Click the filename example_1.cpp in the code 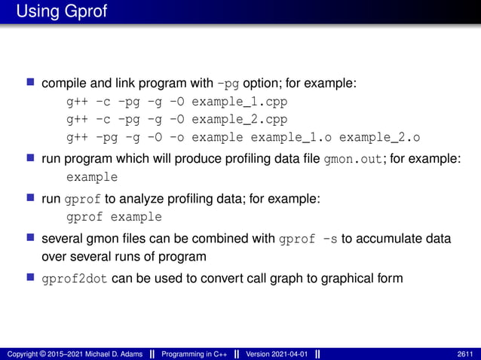tap(240, 100)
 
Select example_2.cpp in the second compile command tap(240, 119)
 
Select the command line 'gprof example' tap(114, 217)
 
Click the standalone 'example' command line tap(92, 178)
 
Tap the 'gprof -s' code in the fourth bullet tap(308, 239)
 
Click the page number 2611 tap(465, 353)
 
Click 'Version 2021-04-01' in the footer tap(276, 353)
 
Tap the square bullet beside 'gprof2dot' tap(32, 278)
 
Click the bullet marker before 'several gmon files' tap(32, 239)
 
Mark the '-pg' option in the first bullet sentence tap(229, 82)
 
